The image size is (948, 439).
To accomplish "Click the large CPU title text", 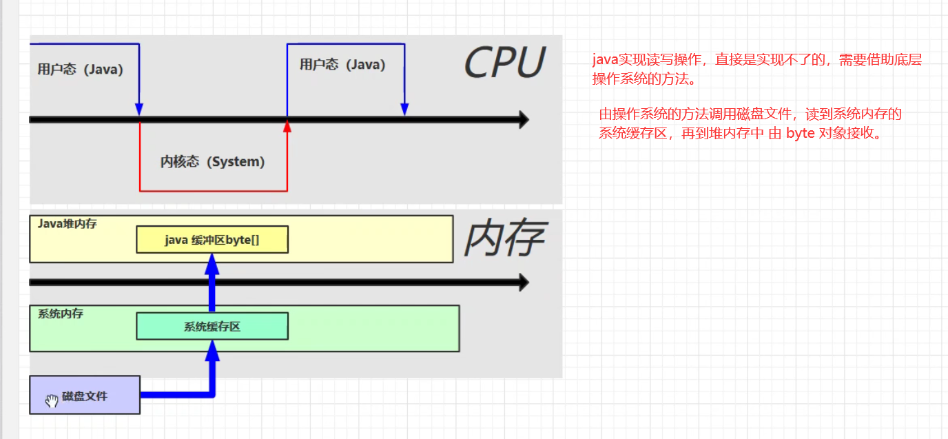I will click(x=504, y=63).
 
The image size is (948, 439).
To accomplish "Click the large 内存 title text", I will click(x=504, y=239).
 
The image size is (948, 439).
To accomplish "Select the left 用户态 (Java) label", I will click(x=81, y=70).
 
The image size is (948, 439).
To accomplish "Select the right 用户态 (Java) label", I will click(x=342, y=65).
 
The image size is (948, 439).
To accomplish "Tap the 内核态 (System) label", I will click(x=212, y=162).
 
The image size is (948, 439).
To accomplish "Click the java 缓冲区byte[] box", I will click(x=212, y=240).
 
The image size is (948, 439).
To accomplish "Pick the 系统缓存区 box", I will click(x=212, y=327).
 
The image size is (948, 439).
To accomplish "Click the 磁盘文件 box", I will click(x=85, y=396).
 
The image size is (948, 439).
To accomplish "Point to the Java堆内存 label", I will click(x=67, y=223).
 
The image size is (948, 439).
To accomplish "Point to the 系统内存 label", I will click(x=61, y=314).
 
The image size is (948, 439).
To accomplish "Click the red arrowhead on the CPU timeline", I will click(x=287, y=125).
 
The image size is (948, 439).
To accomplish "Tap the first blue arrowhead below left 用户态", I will click(x=139, y=109).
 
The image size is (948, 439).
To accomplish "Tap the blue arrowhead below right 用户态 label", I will click(x=404, y=109).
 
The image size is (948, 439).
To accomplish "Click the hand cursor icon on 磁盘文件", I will click(x=52, y=401).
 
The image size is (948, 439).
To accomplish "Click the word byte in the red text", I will click(x=800, y=134).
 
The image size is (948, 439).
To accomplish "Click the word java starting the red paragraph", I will click(x=605, y=60).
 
